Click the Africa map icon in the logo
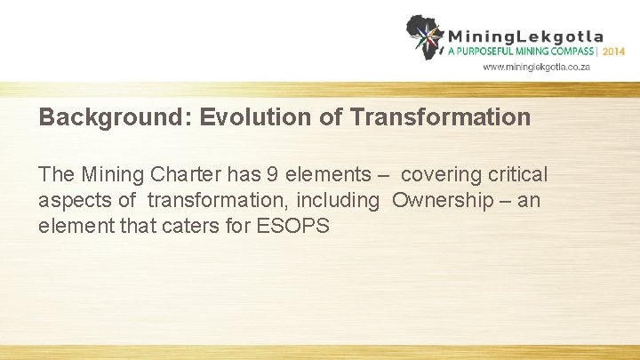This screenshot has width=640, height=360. tap(425, 36)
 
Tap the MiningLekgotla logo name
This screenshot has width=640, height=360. tap(525, 37)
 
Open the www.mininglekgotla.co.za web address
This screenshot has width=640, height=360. tap(536, 67)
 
